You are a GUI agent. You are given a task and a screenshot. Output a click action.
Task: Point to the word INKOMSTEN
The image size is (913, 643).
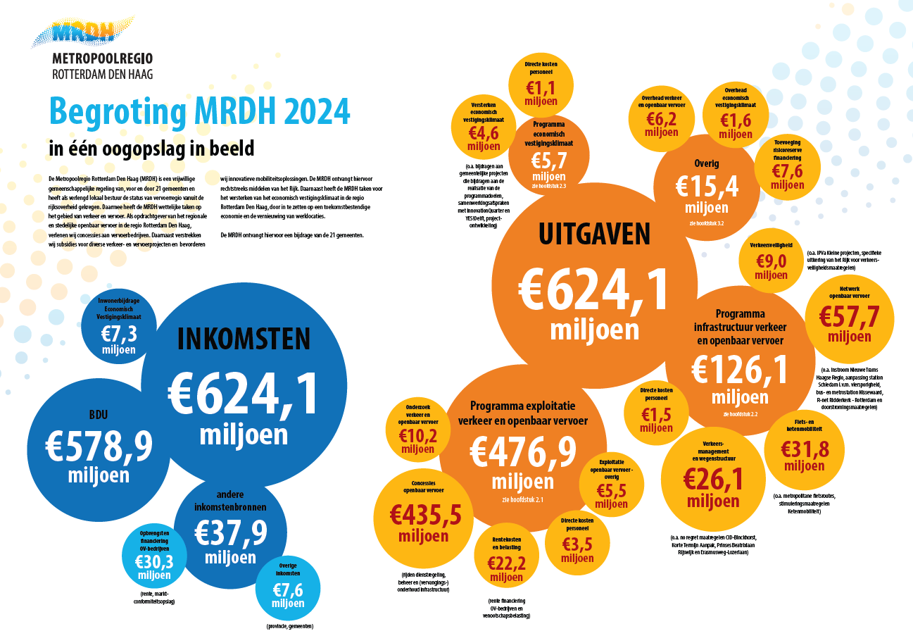pos(244,339)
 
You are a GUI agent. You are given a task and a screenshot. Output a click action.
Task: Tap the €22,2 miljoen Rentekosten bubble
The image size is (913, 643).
pos(506,560)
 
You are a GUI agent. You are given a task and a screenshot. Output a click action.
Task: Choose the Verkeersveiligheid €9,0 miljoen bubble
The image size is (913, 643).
pos(771,261)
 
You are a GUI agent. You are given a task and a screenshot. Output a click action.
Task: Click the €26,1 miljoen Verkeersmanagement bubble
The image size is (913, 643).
pos(713,479)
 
